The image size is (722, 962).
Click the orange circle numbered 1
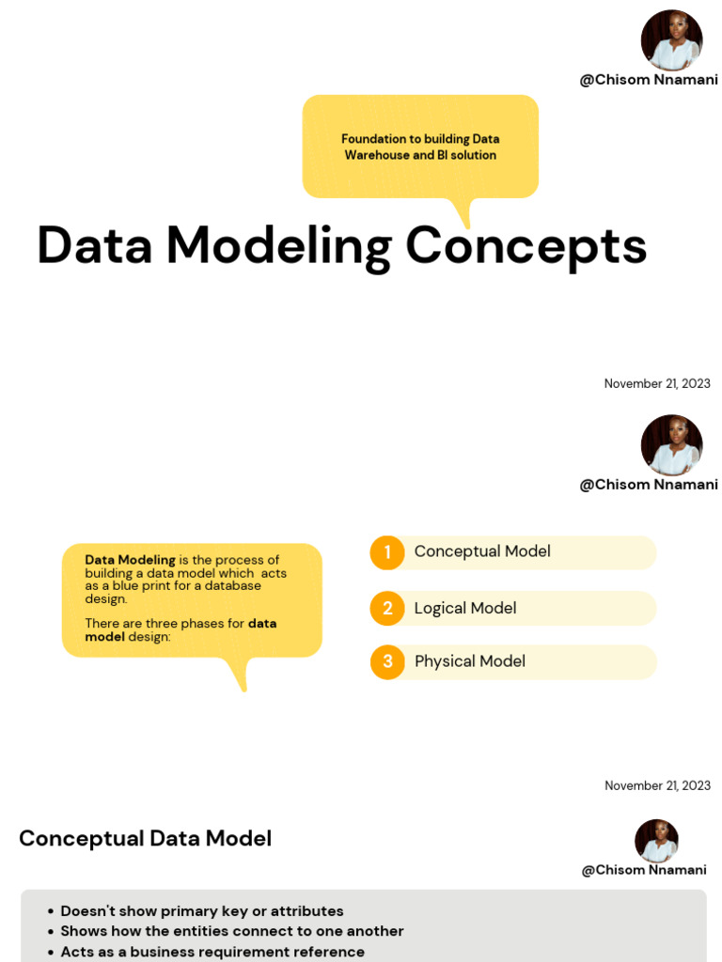pyautogui.click(x=386, y=552)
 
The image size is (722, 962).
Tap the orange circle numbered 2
pyautogui.click(x=386, y=608)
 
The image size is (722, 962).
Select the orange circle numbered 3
pyautogui.click(x=386, y=661)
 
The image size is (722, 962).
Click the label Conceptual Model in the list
pyautogui.click(x=482, y=551)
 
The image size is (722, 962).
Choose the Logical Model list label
pyautogui.click(x=465, y=608)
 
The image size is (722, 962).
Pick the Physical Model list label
pyautogui.click(x=470, y=661)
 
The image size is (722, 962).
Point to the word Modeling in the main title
pyautogui.click(x=279, y=246)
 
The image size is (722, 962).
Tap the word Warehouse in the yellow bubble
pyautogui.click(x=377, y=155)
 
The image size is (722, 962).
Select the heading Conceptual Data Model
pyautogui.click(x=146, y=838)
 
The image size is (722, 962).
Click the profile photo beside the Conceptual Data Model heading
pyautogui.click(x=656, y=841)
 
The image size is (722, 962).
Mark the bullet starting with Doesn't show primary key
pyautogui.click(x=202, y=911)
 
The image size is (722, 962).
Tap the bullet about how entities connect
pyautogui.click(x=232, y=931)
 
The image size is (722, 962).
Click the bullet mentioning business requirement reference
pyautogui.click(x=212, y=952)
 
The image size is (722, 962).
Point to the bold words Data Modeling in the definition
pyautogui.click(x=131, y=560)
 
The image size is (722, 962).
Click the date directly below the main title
pyautogui.click(x=657, y=383)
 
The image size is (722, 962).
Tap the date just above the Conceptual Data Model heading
pyautogui.click(x=657, y=785)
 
